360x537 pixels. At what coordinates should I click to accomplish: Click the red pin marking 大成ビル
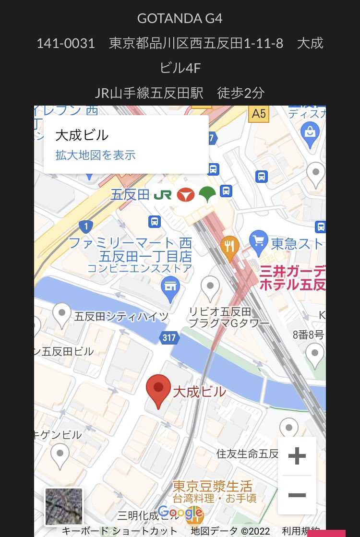pyautogui.click(x=158, y=389)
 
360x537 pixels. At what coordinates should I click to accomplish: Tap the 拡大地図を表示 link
pyautogui.click(x=96, y=155)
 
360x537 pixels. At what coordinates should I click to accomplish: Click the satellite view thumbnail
pyautogui.click(x=64, y=506)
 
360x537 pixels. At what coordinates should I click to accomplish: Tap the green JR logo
pyautogui.click(x=162, y=195)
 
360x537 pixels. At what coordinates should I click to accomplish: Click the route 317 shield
pyautogui.click(x=169, y=338)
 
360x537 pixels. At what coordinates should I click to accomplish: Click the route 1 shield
pyautogui.click(x=86, y=226)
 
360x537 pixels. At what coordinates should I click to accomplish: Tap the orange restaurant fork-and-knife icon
pyautogui.click(x=230, y=246)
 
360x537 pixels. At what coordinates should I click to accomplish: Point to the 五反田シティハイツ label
pyautogui.click(x=122, y=317)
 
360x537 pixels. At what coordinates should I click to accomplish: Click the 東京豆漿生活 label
pyautogui.click(x=213, y=486)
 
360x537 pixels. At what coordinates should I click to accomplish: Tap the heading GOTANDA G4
pyautogui.click(x=180, y=19)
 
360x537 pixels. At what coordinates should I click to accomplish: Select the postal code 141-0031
pyautogui.click(x=66, y=44)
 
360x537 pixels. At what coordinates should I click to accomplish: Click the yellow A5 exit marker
pyautogui.click(x=259, y=114)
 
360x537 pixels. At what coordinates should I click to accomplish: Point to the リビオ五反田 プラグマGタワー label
pyautogui.click(x=229, y=318)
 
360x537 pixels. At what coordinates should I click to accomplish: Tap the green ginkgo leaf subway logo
pyautogui.click(x=207, y=195)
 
